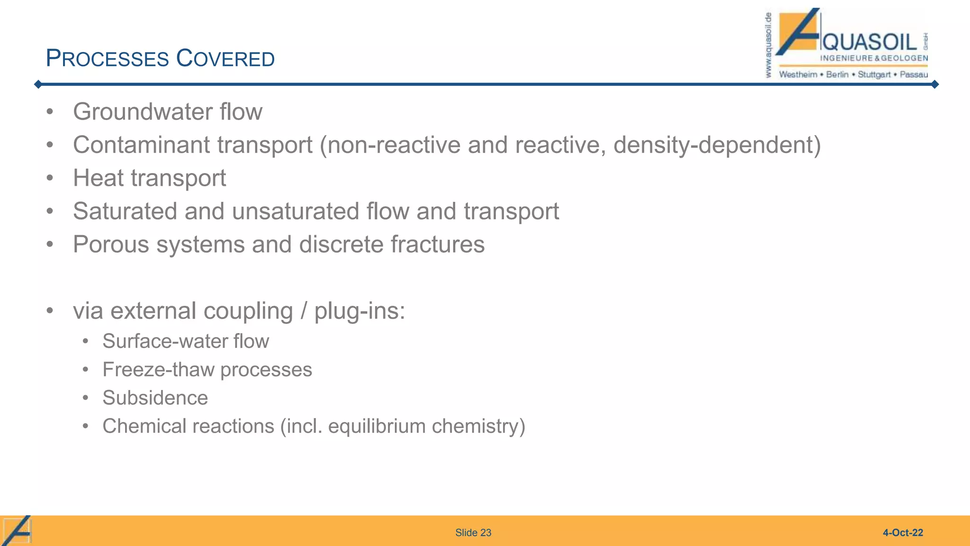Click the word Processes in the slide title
108,59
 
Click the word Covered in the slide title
225,59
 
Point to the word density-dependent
717,145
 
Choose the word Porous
111,245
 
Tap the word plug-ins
359,311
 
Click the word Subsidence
155,398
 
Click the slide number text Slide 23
473,533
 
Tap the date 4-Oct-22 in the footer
903,533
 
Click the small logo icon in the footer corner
17,530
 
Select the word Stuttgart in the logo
874,74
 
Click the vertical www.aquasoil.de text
768,45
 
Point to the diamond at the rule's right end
934,84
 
